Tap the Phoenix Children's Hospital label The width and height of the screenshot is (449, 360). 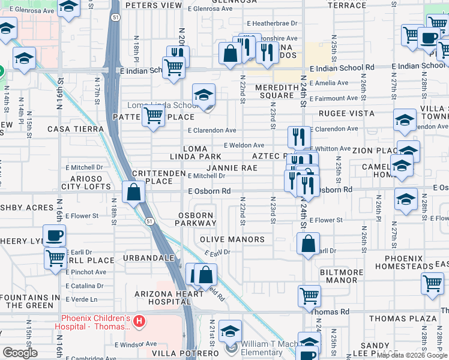click(x=95, y=322)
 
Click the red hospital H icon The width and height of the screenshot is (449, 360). click(x=139, y=322)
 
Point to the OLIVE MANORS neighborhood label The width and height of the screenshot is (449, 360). click(x=232, y=239)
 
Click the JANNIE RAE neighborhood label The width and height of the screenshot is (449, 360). click(x=232, y=168)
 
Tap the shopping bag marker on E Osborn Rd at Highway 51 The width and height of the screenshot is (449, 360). click(x=133, y=192)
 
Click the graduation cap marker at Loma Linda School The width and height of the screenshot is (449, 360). click(x=203, y=95)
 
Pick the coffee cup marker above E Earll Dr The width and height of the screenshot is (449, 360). click(x=54, y=235)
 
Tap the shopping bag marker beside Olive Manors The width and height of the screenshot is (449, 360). click(x=308, y=243)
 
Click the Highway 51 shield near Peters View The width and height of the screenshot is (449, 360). click(x=115, y=19)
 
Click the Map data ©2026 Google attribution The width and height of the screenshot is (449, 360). click(x=412, y=355)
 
